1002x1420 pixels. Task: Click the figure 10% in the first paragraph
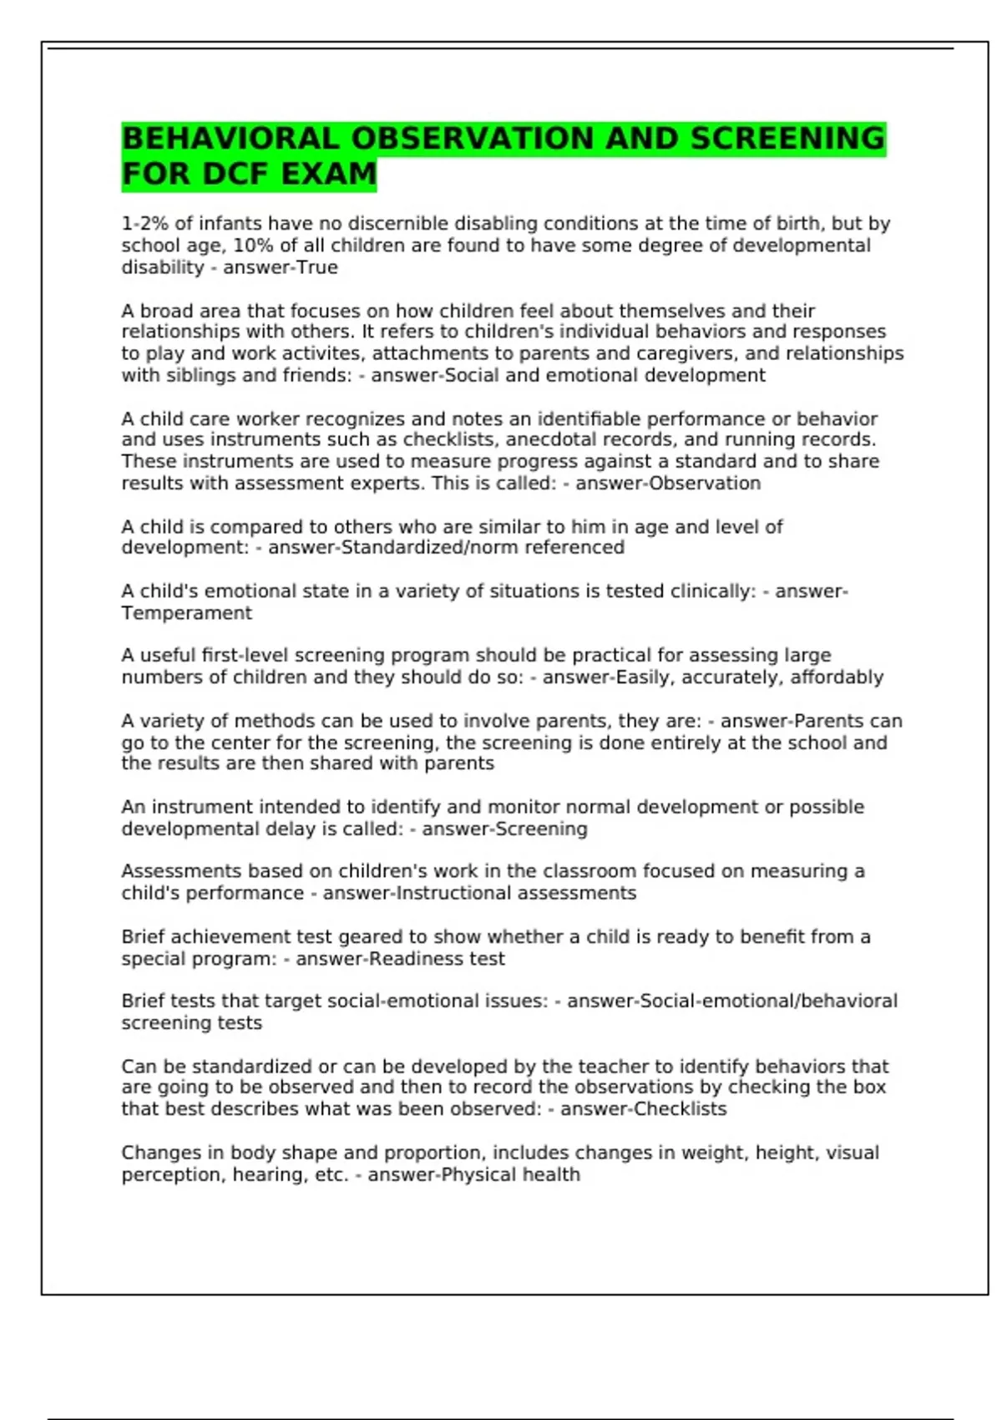pyautogui.click(x=253, y=246)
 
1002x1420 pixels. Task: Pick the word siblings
pyautogui.click(x=198, y=376)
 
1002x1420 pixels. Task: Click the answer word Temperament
pyautogui.click(x=186, y=613)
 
